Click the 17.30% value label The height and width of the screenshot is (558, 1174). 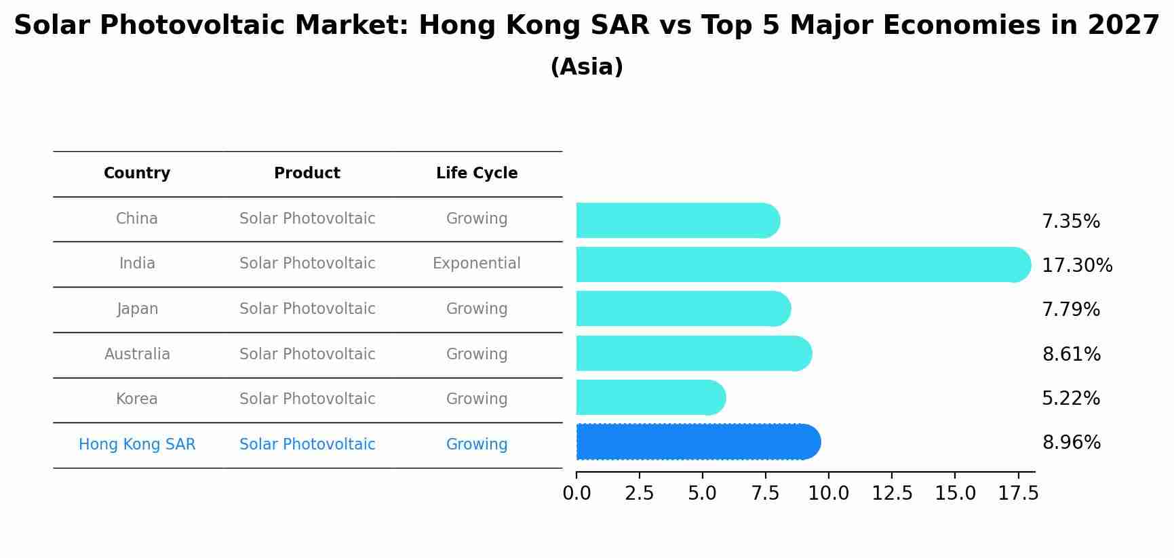[x=1076, y=265]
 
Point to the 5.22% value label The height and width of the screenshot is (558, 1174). [x=1070, y=398]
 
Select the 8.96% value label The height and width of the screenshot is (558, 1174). [x=1071, y=443]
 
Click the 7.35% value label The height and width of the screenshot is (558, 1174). [x=1070, y=221]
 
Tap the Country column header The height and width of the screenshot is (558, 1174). [x=137, y=174]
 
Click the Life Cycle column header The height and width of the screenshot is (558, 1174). [x=477, y=174]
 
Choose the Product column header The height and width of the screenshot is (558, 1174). [x=307, y=174]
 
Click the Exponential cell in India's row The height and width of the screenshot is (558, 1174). [x=477, y=264]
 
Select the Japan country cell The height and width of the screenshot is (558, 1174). [x=138, y=309]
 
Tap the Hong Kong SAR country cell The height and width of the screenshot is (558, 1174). [x=137, y=445]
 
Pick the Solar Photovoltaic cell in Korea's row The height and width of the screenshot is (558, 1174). [x=307, y=399]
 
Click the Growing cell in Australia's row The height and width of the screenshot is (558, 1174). [x=477, y=354]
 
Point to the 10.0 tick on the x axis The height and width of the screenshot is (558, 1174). [x=828, y=494]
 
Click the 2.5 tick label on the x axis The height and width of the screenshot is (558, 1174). [x=639, y=494]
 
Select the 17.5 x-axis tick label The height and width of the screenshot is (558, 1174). [x=1017, y=494]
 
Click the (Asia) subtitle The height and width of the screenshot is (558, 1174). [x=587, y=67]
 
